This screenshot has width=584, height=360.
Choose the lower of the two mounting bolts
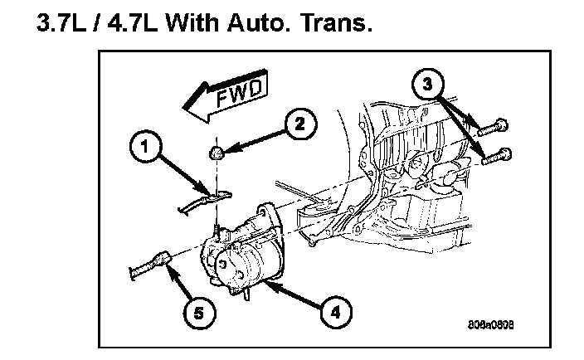(x=495, y=153)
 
